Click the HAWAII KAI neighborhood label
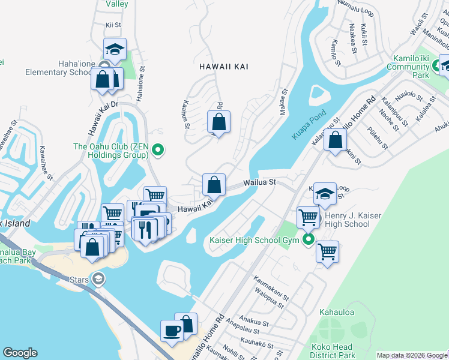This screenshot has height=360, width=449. coord(224,67)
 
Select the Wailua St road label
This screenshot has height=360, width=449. coord(259,182)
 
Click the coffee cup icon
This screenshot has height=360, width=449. coord(172,331)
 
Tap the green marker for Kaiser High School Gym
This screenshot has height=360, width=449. coord(309,241)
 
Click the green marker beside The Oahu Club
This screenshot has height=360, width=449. coord(158,150)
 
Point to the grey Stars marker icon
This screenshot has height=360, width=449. coord(98,278)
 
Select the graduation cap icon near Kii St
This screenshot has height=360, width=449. coord(115,49)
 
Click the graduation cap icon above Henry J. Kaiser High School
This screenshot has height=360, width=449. coord(325,193)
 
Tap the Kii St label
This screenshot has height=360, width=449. coord(113,25)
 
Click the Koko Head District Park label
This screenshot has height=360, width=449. coord(331,351)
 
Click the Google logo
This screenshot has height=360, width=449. coord(20,353)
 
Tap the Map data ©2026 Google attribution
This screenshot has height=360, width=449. coord(411,355)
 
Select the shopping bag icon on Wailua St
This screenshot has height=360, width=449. coord(214,185)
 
